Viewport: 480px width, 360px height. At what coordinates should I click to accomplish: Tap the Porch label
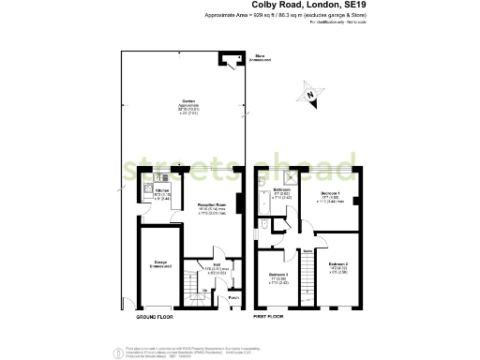(x=233, y=298)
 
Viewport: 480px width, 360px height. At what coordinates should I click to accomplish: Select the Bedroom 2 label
(x=338, y=266)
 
